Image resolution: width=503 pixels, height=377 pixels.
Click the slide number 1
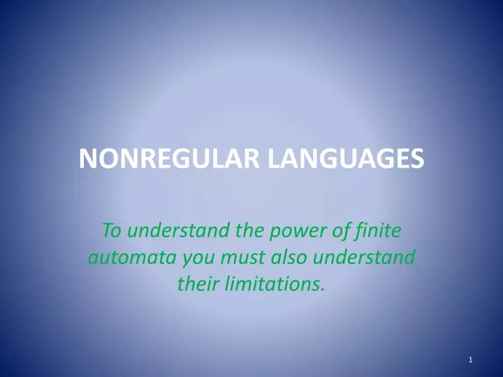[x=472, y=360]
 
